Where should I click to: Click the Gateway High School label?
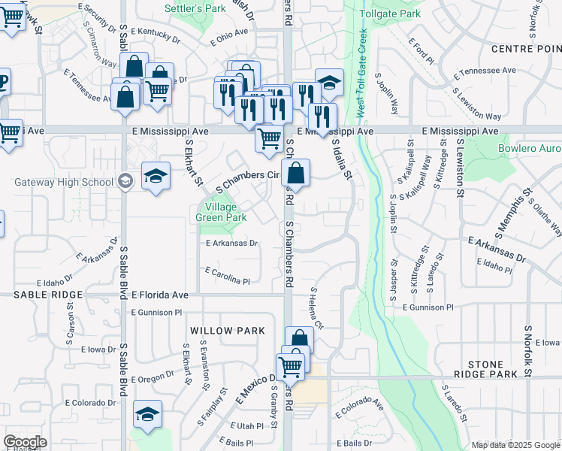pos(63,182)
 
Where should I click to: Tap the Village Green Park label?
pos(221,212)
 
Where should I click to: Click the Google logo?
pos(25,442)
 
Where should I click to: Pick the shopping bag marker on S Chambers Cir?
pos(296,173)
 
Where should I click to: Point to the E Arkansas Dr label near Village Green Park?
pos(231,243)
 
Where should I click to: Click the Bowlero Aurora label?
pos(530,148)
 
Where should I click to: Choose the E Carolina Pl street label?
pos(226,276)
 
